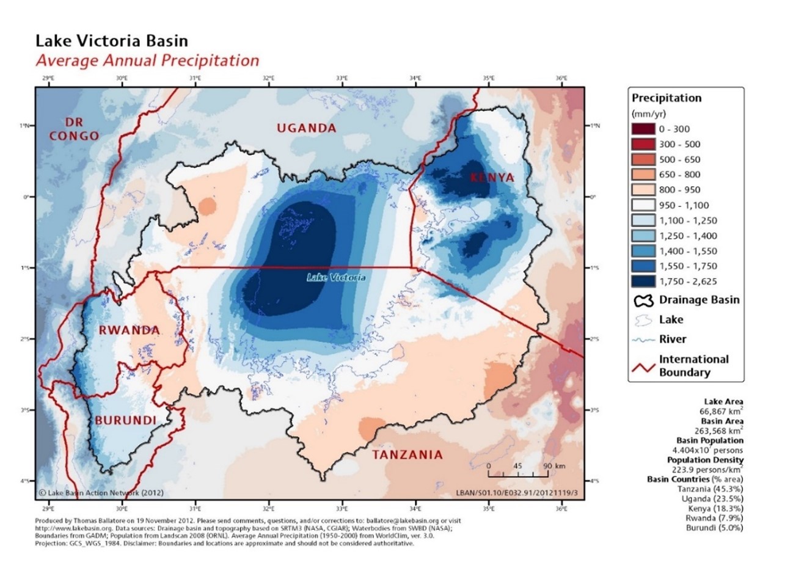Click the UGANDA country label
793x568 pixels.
point(306,128)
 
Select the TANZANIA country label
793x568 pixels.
point(407,455)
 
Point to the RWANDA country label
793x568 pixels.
point(129,330)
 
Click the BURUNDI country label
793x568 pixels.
point(125,420)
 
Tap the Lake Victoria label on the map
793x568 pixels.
point(336,278)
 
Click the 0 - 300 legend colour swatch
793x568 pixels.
point(644,129)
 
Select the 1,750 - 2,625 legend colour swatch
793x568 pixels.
point(644,282)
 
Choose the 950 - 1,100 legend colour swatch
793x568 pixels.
point(644,205)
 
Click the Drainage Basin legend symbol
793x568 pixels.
point(644,300)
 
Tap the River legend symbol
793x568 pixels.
point(644,340)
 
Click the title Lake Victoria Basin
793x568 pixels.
point(112,42)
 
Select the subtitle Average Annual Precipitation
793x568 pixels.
point(147,61)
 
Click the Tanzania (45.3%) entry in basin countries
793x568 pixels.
point(710,489)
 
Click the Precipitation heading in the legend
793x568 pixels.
point(667,98)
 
